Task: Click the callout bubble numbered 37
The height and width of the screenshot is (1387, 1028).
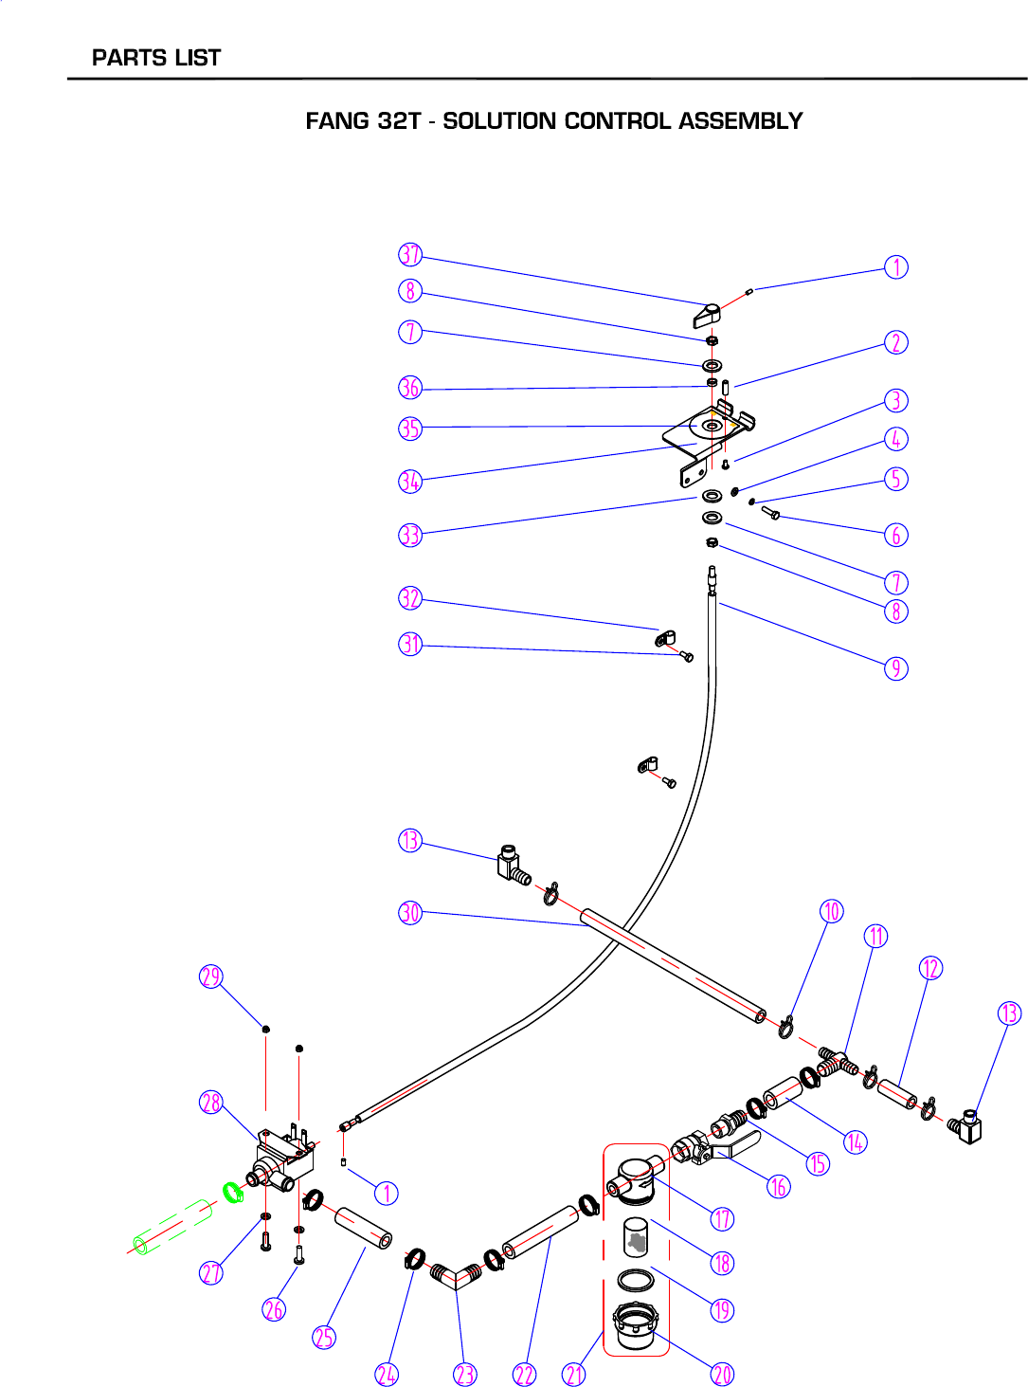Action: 409,255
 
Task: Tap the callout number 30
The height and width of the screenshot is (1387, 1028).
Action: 409,913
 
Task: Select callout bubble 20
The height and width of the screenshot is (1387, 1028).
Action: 722,1374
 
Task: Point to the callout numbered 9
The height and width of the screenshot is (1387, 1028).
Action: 895,668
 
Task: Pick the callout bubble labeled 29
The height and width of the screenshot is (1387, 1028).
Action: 210,976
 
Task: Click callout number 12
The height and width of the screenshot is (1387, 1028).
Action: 930,968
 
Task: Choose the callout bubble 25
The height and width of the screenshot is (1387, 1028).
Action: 324,1337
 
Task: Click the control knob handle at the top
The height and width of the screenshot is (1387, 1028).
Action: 707,314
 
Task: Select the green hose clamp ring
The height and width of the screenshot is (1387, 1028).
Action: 232,1191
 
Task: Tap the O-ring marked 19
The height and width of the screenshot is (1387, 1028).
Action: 635,1280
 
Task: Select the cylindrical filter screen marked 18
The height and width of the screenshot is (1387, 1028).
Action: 636,1237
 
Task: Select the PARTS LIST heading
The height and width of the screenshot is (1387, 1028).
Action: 156,58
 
